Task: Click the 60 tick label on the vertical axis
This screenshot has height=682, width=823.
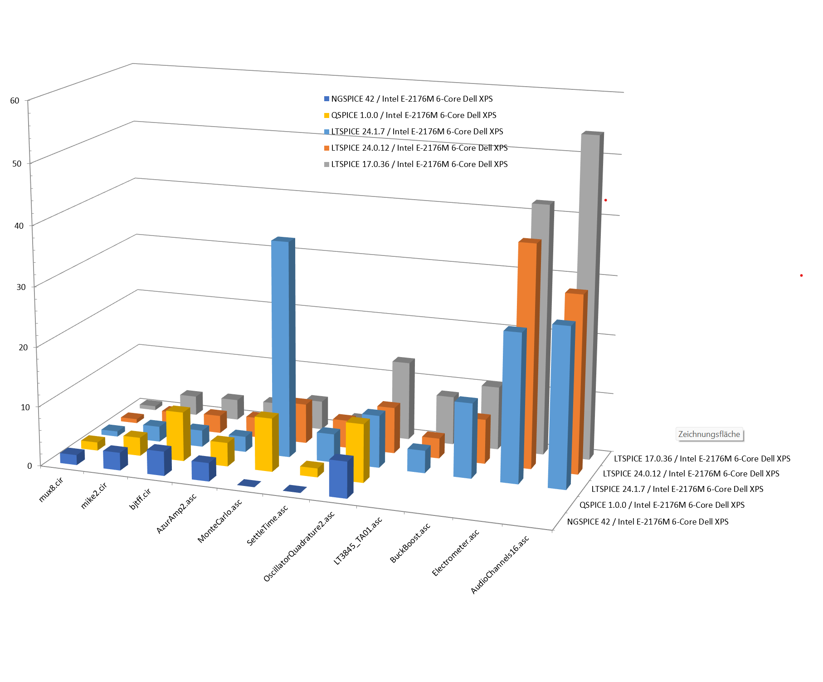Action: (x=15, y=100)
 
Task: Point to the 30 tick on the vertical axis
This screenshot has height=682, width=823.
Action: (x=21, y=287)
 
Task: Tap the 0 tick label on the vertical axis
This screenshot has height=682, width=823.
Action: (x=29, y=466)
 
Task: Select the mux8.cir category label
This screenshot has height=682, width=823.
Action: (x=51, y=490)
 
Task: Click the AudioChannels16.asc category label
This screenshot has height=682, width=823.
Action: (x=500, y=565)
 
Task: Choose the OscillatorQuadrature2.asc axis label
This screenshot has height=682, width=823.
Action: (x=299, y=546)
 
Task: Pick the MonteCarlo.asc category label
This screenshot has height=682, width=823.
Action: (x=219, y=521)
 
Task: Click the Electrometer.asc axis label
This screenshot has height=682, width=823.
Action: (x=455, y=553)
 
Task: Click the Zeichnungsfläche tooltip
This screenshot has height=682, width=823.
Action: (x=709, y=434)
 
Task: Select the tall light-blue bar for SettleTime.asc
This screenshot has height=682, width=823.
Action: (x=281, y=345)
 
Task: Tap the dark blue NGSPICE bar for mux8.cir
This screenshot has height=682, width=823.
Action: (x=69, y=457)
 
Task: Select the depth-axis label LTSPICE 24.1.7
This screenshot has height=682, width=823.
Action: (x=677, y=489)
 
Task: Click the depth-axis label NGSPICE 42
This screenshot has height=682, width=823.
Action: (x=648, y=522)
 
